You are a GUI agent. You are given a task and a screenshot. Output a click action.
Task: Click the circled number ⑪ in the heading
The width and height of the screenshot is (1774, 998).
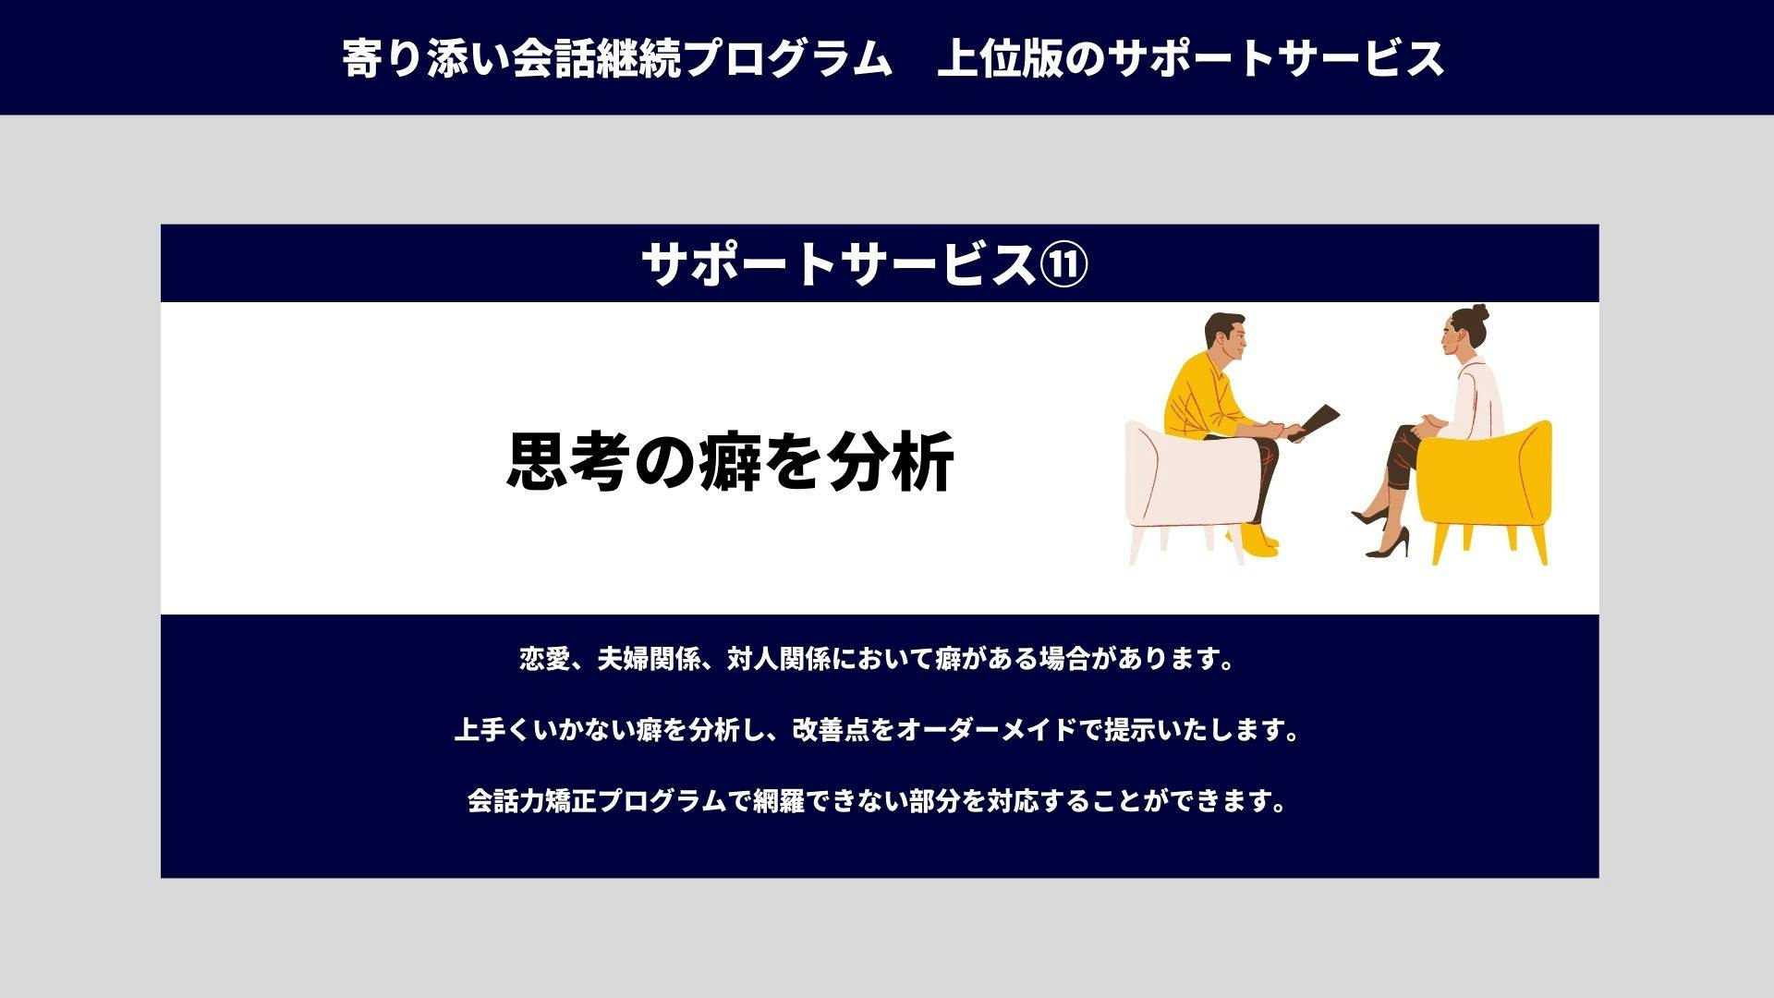(x=1064, y=264)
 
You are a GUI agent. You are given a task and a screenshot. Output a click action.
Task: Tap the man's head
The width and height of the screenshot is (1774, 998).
(x=1225, y=340)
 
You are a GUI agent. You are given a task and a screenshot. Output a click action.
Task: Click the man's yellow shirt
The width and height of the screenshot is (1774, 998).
(x=1206, y=398)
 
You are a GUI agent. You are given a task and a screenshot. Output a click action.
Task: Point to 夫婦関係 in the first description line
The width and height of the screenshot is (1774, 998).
(x=649, y=659)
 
